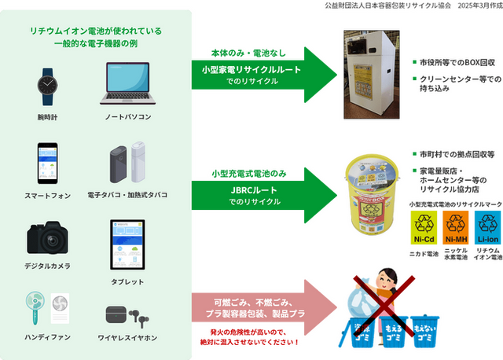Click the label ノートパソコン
point(130,116)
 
